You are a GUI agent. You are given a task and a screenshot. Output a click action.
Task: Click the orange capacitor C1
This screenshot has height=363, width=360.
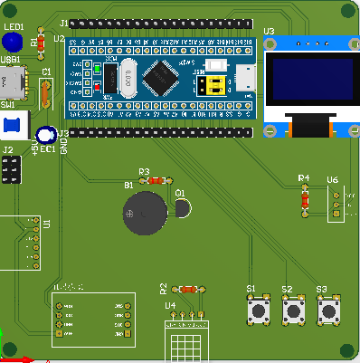46,91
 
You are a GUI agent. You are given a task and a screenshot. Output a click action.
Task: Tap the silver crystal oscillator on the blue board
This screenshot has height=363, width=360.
128,77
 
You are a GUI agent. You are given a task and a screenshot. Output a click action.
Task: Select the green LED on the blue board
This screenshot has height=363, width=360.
97,68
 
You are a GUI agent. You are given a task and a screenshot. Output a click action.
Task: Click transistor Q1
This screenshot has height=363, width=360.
183,208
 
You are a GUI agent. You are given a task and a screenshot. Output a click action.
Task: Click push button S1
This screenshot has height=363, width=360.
259,312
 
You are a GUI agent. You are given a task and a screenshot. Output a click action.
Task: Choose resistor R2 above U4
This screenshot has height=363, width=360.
188,289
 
